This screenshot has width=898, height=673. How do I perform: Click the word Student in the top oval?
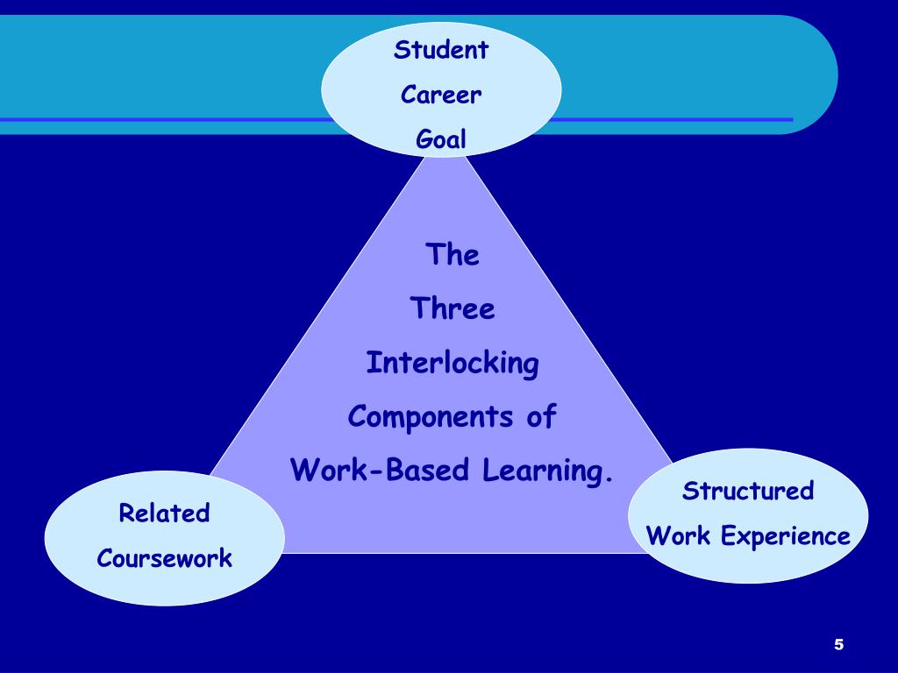[440, 50]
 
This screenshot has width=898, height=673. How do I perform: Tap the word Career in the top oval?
[441, 95]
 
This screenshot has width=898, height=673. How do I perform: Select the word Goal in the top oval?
[441, 139]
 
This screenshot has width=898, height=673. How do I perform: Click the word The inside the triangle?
[453, 255]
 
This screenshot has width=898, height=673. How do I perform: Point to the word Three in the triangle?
[453, 308]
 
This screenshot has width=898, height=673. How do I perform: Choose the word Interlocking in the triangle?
[453, 363]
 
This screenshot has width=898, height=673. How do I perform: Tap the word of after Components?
[542, 417]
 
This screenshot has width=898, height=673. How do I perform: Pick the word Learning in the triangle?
[542, 471]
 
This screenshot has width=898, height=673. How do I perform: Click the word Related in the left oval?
[164, 513]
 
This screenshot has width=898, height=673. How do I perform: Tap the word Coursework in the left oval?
[164, 558]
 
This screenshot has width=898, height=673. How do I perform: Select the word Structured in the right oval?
[748, 491]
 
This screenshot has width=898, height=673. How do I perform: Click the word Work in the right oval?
[678, 535]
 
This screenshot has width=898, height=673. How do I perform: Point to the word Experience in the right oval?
[786, 536]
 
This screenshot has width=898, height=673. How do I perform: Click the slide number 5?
[838, 645]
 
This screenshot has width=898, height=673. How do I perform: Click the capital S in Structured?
[689, 491]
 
